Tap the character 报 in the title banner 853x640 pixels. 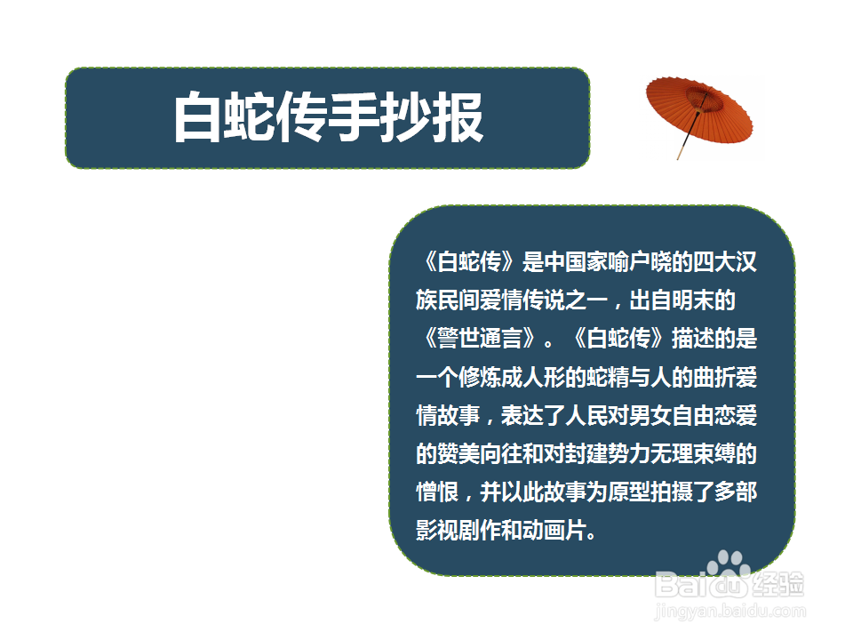[458, 117]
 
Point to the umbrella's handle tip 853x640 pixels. [680, 156]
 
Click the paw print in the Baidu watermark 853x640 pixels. [729, 564]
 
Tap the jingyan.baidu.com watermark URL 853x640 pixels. [729, 611]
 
